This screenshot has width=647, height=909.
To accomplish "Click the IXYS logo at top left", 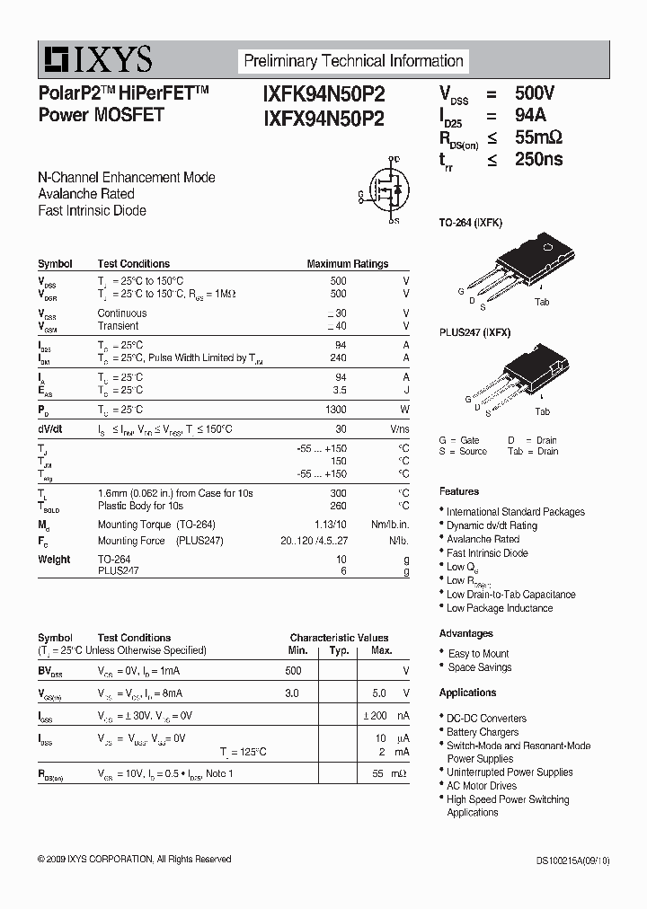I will pos(95,59).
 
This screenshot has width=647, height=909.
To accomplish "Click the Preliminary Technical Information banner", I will pos(353,61).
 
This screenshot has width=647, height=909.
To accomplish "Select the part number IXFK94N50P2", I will pos(323,94).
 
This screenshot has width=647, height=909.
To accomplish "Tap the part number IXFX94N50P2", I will pos(323,118).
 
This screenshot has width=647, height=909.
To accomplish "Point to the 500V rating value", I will pos(535,93).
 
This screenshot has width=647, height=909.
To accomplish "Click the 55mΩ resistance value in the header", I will pos(538,137).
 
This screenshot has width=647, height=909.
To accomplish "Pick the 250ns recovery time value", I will pos(538,159).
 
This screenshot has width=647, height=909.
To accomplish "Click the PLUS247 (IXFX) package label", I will pos(474,332).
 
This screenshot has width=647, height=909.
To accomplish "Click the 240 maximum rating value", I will pos(338,357).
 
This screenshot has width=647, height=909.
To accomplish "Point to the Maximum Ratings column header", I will pos(348,264).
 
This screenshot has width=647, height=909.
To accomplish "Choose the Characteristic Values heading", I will pos(339,638).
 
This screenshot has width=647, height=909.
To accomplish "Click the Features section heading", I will pos(459,491).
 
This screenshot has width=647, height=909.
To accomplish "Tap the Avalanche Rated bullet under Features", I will pos(483,539).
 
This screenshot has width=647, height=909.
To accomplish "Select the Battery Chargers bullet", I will pos(483,732).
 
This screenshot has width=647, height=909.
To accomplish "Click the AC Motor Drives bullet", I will pos(482,786).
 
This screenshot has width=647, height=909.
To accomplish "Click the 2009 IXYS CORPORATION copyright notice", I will pos(135,860).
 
